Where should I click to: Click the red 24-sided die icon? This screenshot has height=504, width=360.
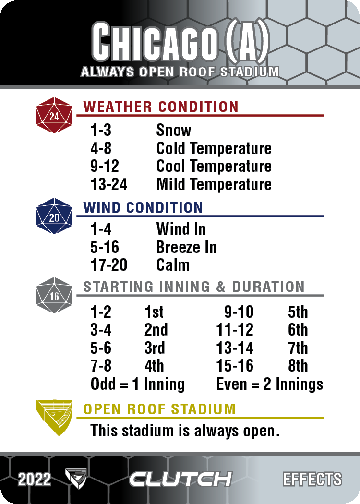point(54,115)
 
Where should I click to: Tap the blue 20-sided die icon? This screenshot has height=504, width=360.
point(54,216)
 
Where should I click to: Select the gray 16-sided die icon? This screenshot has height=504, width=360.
point(54,295)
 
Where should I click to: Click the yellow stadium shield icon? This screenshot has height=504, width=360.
point(54,418)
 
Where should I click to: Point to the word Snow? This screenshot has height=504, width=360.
point(174,130)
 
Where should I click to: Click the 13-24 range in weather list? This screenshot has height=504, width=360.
point(108,184)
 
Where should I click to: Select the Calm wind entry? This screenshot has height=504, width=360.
point(173,265)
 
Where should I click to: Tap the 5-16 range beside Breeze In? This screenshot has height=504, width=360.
point(105,247)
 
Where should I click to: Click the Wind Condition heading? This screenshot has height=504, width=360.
point(143,208)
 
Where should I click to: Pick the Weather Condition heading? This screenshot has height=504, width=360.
point(161,107)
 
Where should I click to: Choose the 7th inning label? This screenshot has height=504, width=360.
point(298,348)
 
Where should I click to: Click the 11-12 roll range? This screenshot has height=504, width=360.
point(235,330)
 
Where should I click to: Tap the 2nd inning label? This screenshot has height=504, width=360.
point(156,330)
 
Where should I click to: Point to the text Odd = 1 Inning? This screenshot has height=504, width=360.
point(138,384)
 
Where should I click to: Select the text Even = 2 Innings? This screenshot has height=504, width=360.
point(270,384)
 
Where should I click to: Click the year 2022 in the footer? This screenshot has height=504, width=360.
point(35,480)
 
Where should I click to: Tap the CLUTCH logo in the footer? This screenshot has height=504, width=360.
point(180,479)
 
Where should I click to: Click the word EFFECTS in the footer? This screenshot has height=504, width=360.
point(312,479)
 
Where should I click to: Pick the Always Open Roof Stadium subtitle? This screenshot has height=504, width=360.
point(180,72)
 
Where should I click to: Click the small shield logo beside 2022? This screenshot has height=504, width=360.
point(76,479)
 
